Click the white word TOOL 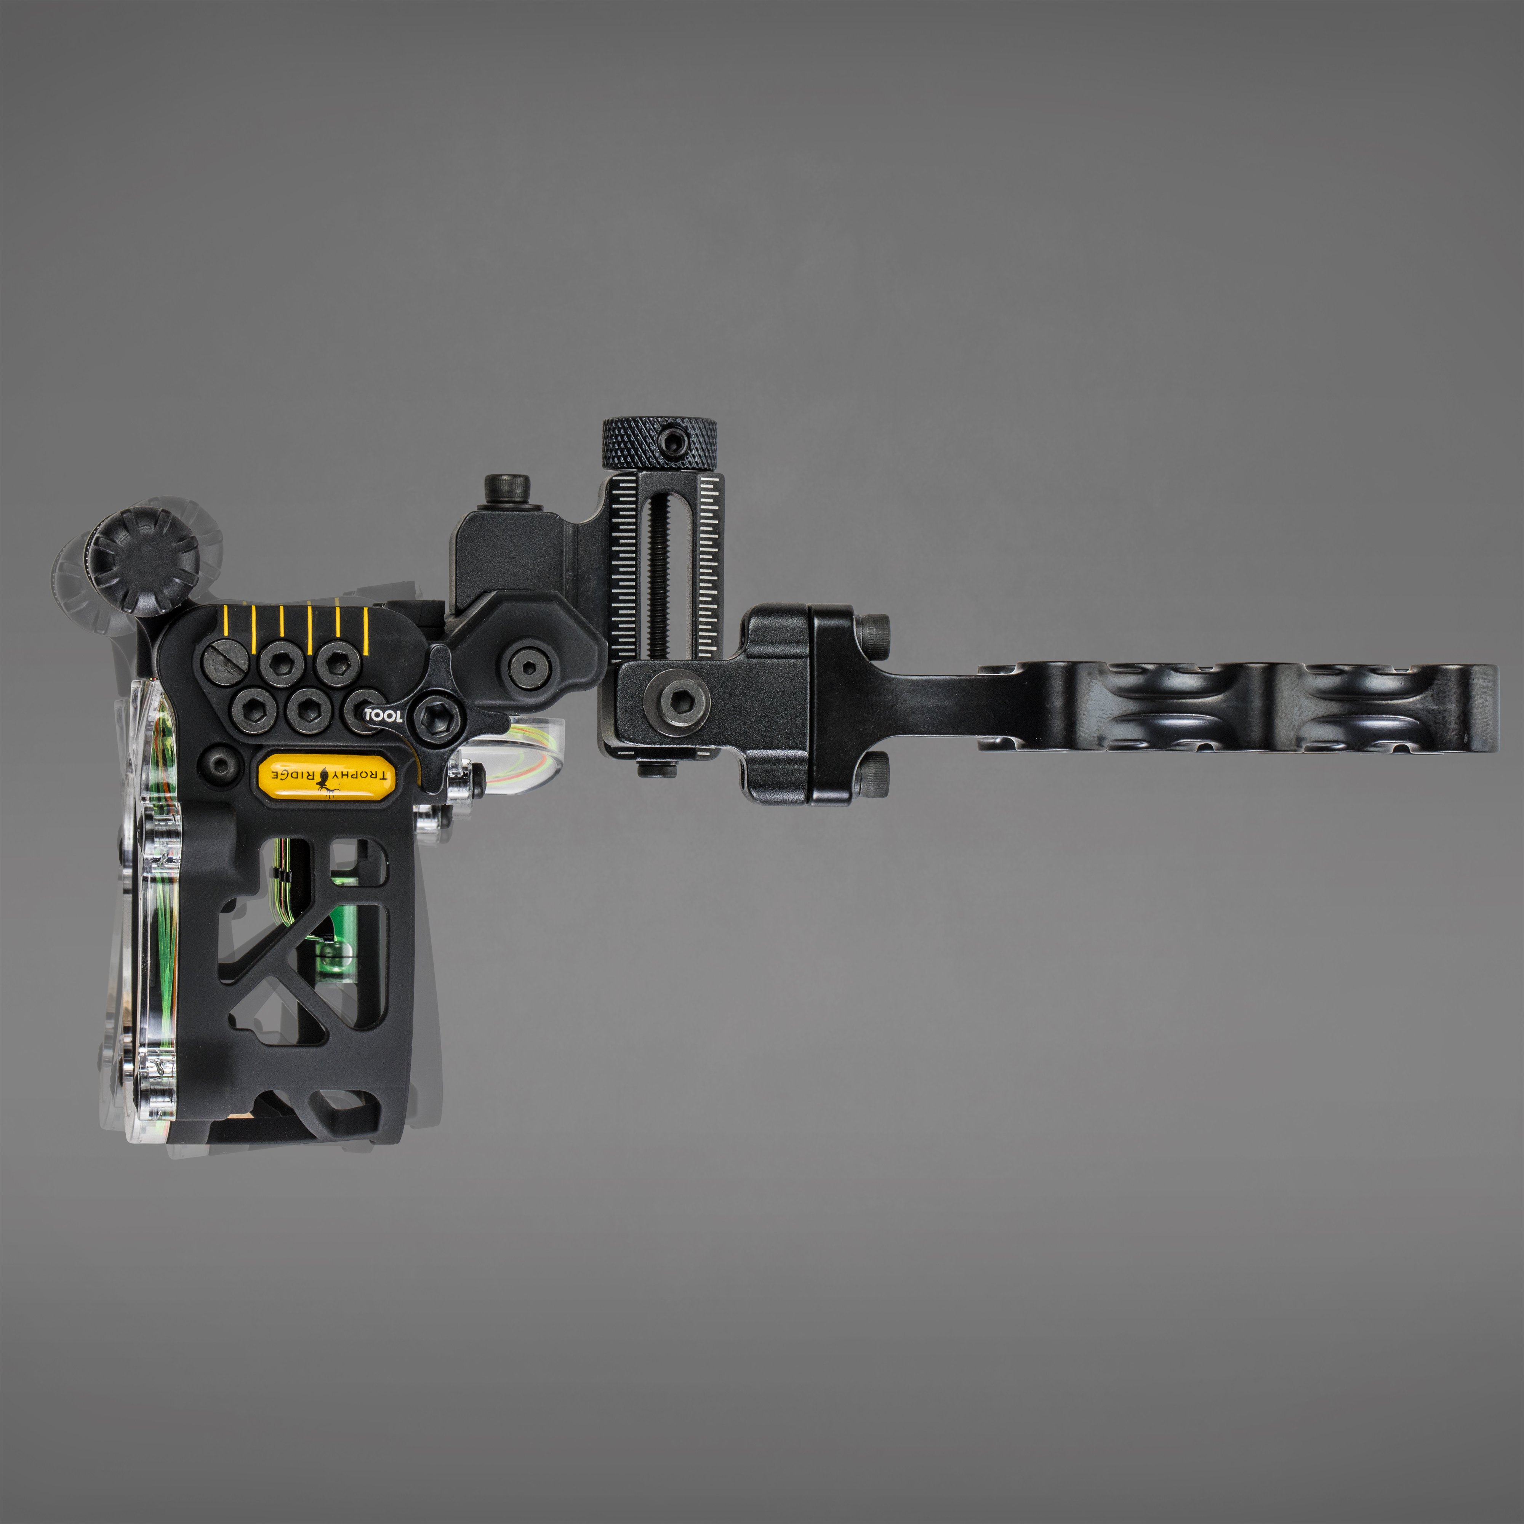pyautogui.click(x=383, y=716)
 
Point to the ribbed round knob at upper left pyautogui.click(x=143, y=560)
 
